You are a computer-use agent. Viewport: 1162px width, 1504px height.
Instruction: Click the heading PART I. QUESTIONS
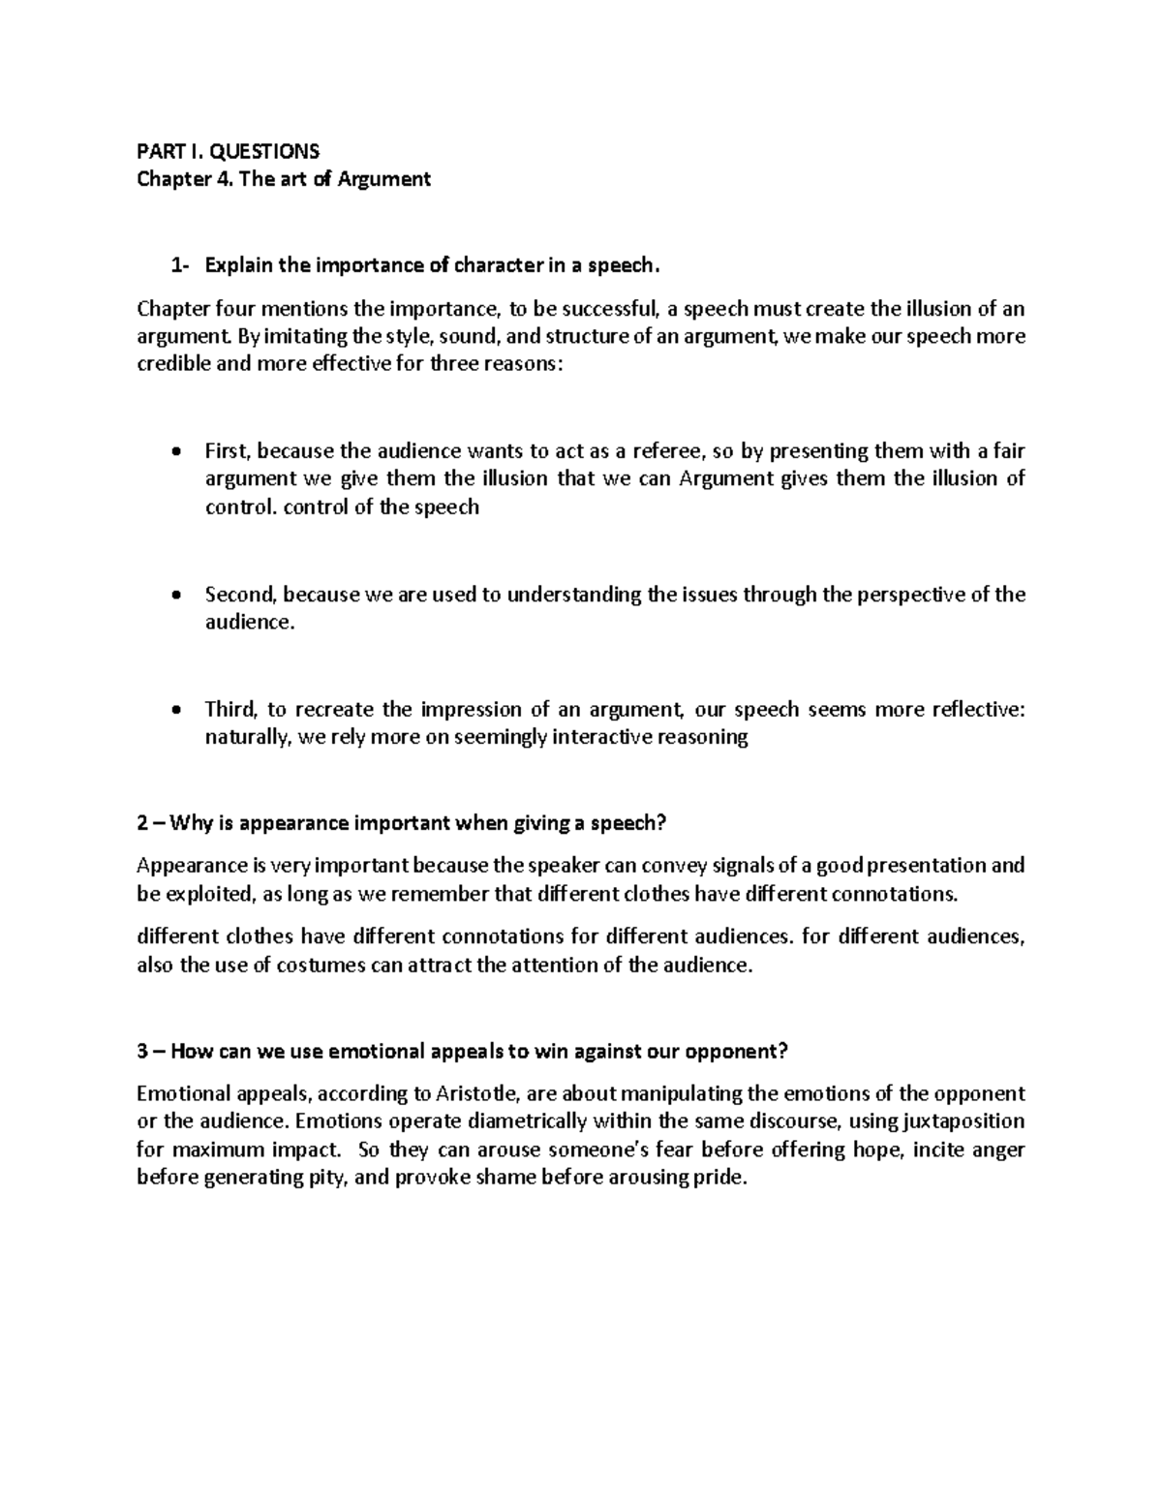coord(228,151)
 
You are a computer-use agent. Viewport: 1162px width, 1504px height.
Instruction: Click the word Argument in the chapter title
coord(383,179)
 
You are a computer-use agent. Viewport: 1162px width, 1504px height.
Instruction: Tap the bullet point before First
coord(175,451)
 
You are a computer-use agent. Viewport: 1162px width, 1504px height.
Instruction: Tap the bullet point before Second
coord(175,596)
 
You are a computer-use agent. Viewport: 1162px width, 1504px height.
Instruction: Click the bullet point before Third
coord(175,710)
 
